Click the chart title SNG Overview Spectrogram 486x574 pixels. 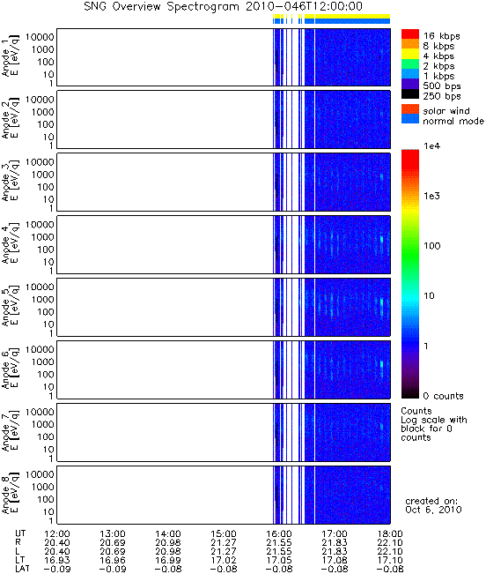click(x=162, y=6)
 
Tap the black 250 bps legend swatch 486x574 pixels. click(x=410, y=94)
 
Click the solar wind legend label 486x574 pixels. click(x=446, y=110)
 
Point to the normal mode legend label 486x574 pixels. click(x=453, y=121)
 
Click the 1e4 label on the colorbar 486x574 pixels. click(x=432, y=146)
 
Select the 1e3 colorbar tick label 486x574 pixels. click(x=432, y=196)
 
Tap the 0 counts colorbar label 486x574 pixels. click(x=443, y=396)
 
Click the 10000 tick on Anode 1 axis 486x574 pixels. click(x=40, y=37)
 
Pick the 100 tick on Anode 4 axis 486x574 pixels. click(x=45, y=250)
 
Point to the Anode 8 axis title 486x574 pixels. click(x=10, y=495)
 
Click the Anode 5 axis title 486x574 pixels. click(x=10, y=308)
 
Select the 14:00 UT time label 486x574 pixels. click(x=168, y=533)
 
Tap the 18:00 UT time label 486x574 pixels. click(x=390, y=533)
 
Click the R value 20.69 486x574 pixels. click(x=113, y=542)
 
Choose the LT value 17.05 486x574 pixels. click(x=279, y=560)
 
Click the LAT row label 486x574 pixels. click(x=22, y=569)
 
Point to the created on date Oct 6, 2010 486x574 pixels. click(x=433, y=510)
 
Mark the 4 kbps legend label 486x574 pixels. click(x=438, y=56)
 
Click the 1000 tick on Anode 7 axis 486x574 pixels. click(x=42, y=424)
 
